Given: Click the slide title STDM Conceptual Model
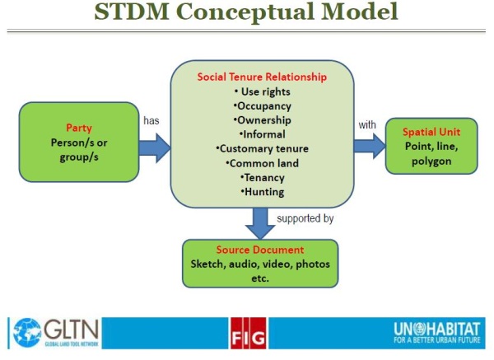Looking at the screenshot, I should (x=246, y=13).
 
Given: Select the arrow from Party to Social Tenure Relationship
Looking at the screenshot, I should (x=155, y=147).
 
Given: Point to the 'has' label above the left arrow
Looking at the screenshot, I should (x=151, y=120).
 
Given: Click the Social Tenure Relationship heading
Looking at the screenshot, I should (x=262, y=77).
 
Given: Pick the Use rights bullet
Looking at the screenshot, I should (x=262, y=91).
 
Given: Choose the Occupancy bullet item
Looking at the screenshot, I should (x=262, y=105).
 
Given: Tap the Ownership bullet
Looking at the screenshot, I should (x=262, y=120).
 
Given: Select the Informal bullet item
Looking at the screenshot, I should (x=262, y=134).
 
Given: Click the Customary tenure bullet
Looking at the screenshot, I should (x=262, y=149).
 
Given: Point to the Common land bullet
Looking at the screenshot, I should (x=262, y=163).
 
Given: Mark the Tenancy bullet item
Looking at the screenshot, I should (x=262, y=177).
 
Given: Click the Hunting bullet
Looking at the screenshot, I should (x=262, y=192).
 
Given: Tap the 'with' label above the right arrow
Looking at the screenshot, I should (x=367, y=125).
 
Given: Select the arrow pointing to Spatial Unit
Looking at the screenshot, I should (x=370, y=144).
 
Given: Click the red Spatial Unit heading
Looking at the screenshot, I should (x=431, y=132).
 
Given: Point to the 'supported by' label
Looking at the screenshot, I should (x=304, y=219).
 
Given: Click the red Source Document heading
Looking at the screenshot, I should (x=259, y=250).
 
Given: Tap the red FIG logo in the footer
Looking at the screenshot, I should (x=247, y=332).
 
